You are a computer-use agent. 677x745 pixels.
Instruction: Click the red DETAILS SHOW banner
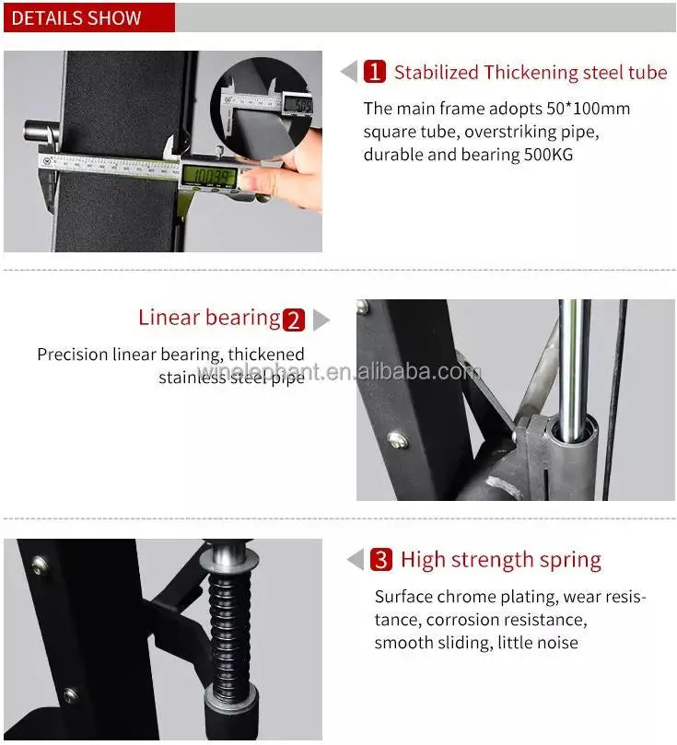click(x=88, y=17)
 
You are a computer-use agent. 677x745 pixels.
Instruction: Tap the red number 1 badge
click(x=375, y=72)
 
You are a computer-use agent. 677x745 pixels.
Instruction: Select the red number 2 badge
click(x=294, y=320)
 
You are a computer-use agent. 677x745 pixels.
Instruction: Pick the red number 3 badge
click(x=381, y=560)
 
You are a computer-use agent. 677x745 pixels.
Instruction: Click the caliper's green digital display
click(x=208, y=173)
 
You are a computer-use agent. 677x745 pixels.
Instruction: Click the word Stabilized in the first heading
click(x=436, y=73)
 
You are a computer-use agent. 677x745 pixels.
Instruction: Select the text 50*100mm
click(x=586, y=109)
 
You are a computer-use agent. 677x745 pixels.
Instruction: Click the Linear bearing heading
click(x=209, y=319)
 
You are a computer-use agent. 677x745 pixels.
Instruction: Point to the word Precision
click(x=73, y=355)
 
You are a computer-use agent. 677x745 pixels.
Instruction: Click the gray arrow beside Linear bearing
click(x=321, y=320)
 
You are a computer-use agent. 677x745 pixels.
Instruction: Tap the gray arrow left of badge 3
click(x=356, y=560)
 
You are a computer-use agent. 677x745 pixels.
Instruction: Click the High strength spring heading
click(x=500, y=560)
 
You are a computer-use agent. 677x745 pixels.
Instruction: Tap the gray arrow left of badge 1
click(x=349, y=72)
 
